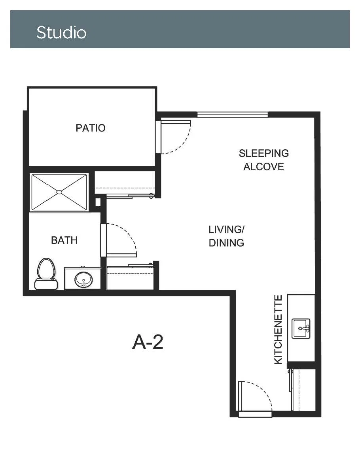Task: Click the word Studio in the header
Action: click(x=61, y=32)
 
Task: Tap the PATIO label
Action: click(x=91, y=128)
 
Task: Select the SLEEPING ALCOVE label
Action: click(x=264, y=160)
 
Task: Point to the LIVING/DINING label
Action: click(x=226, y=236)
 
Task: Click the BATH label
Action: click(x=64, y=240)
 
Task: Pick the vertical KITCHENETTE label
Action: click(x=278, y=329)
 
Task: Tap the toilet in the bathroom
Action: click(x=46, y=274)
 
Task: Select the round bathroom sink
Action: click(x=83, y=280)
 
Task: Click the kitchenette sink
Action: click(x=301, y=328)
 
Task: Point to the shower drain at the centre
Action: click(x=59, y=192)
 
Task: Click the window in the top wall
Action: click(x=233, y=115)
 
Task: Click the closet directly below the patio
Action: click(x=125, y=183)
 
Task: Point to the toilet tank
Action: click(x=46, y=284)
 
